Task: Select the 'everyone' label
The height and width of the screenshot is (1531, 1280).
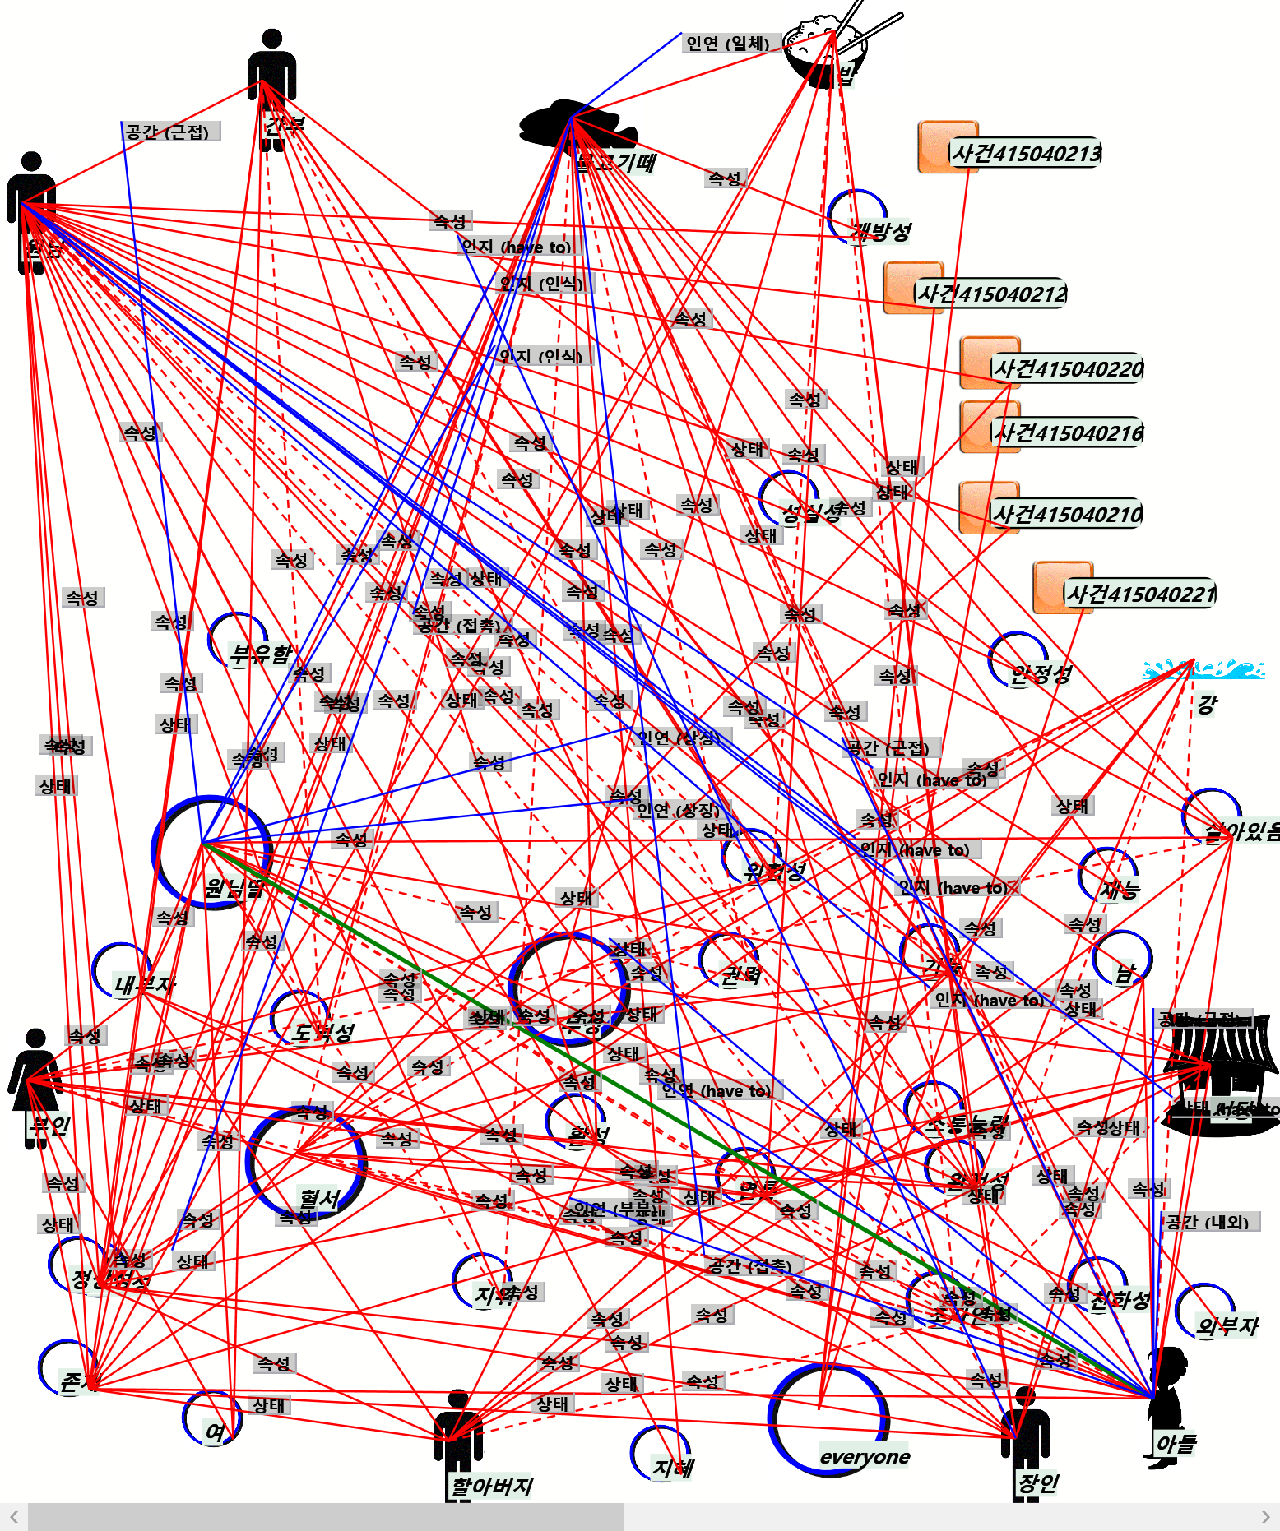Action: tap(865, 1457)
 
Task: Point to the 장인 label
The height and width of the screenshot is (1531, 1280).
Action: tap(1038, 1483)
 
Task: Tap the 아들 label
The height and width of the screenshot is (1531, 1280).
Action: tap(1176, 1444)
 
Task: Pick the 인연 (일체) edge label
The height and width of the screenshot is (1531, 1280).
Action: tap(727, 44)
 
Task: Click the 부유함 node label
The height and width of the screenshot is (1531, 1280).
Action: tap(261, 654)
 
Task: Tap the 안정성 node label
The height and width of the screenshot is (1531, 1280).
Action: tap(1041, 675)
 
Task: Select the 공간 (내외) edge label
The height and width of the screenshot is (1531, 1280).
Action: tap(1207, 1222)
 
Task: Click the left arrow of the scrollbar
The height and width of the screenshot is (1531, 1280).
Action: tap(14, 1517)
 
